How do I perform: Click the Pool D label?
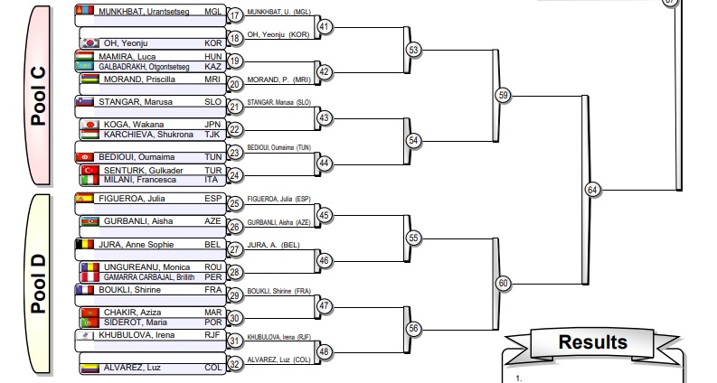[x=35, y=284]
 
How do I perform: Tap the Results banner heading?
[x=592, y=342]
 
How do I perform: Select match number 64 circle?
[x=592, y=190]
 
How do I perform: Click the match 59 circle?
[x=504, y=95]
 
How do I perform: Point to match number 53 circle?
[x=414, y=50]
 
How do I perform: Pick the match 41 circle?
[x=325, y=27]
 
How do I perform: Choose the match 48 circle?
[x=325, y=351]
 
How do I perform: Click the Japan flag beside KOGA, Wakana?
[x=90, y=125]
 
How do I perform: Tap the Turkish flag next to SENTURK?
[x=90, y=170]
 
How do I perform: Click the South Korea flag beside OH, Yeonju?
[x=90, y=42]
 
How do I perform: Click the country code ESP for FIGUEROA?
[x=213, y=199]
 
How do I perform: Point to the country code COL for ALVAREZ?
[x=213, y=369]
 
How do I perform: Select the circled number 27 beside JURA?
[x=235, y=250]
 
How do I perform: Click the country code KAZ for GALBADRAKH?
[x=213, y=66]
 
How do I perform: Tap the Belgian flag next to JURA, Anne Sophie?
[x=90, y=244]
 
